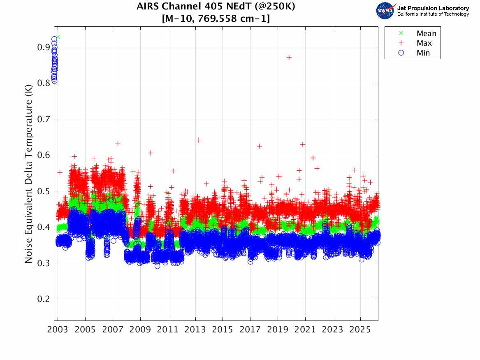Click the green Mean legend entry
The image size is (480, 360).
click(x=426, y=34)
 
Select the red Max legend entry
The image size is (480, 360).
click(x=424, y=43)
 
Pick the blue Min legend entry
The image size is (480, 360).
click(x=423, y=53)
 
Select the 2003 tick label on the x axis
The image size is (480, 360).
click(x=58, y=330)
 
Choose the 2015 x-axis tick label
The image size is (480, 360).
click(x=223, y=330)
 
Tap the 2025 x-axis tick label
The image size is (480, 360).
click(x=360, y=330)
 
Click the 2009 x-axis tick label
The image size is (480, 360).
click(x=140, y=330)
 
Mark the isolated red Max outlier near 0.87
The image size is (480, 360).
click(x=289, y=58)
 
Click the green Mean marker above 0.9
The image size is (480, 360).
click(x=58, y=37)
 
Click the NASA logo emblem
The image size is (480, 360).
click(x=385, y=11)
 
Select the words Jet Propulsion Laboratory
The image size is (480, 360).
click(x=433, y=8)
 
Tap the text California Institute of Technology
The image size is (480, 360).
click(x=433, y=14)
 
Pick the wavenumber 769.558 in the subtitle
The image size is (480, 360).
click(x=222, y=19)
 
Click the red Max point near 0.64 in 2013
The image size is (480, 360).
click(x=198, y=140)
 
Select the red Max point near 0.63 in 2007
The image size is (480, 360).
click(x=118, y=144)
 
